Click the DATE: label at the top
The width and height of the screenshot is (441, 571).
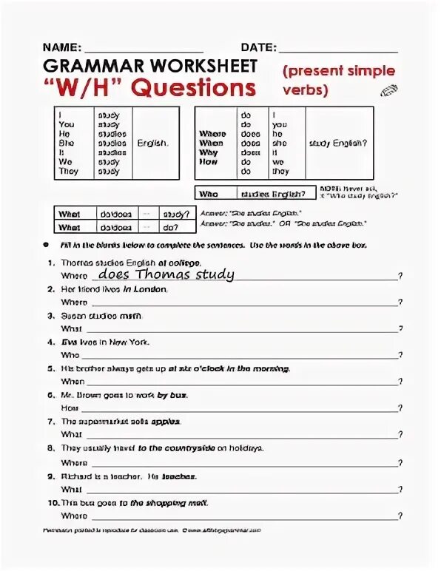pyautogui.click(x=257, y=47)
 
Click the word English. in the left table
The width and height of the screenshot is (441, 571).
pyautogui.click(x=152, y=143)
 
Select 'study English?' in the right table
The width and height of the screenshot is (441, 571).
pyautogui.click(x=338, y=143)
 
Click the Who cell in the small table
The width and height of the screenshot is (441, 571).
pyautogui.click(x=209, y=194)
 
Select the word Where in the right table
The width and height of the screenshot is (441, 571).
pyautogui.click(x=212, y=134)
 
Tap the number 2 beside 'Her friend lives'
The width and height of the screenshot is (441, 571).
pyautogui.click(x=51, y=289)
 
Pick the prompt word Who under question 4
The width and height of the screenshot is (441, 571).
pyautogui.click(x=70, y=355)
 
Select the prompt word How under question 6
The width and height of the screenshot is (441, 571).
pyautogui.click(x=70, y=408)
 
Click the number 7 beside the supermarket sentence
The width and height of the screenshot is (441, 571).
pyautogui.click(x=51, y=422)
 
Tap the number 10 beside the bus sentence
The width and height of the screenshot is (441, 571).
pyautogui.click(x=50, y=502)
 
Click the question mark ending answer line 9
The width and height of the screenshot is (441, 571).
pyautogui.click(x=400, y=489)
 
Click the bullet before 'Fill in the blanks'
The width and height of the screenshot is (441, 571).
pyautogui.click(x=46, y=244)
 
